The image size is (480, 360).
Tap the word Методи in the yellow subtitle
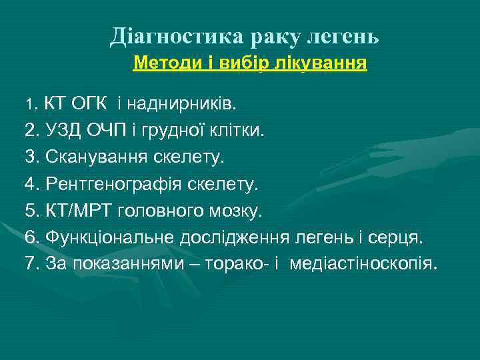point(160,63)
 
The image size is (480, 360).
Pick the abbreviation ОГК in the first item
point(91,105)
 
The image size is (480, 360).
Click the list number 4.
point(31,184)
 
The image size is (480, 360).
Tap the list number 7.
point(31,264)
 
